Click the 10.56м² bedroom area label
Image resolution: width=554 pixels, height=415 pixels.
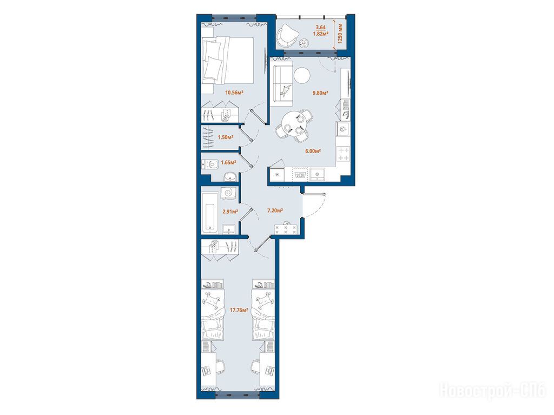click(x=235, y=93)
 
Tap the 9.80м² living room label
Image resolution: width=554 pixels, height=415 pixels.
click(x=320, y=93)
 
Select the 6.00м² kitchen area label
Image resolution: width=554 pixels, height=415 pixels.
click(x=313, y=151)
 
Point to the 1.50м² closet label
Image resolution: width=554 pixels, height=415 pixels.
click(x=226, y=137)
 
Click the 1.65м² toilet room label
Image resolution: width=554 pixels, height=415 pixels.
click(x=228, y=163)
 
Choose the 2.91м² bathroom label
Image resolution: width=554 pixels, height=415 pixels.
click(x=229, y=212)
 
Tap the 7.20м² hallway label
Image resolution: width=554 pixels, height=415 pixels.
click(x=275, y=210)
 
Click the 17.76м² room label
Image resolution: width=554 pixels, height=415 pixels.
click(x=239, y=310)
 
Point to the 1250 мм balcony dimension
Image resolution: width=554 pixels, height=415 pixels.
click(x=340, y=33)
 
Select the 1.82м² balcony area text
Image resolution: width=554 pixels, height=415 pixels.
click(x=321, y=34)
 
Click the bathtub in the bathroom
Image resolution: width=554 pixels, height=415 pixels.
click(x=210, y=212)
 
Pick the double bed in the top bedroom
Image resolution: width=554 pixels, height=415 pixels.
click(x=228, y=61)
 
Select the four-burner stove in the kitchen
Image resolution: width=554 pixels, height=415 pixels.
click(x=344, y=154)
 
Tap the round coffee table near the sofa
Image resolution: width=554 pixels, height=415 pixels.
click(x=302, y=75)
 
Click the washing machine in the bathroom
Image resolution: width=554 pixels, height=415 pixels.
click(x=228, y=193)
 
